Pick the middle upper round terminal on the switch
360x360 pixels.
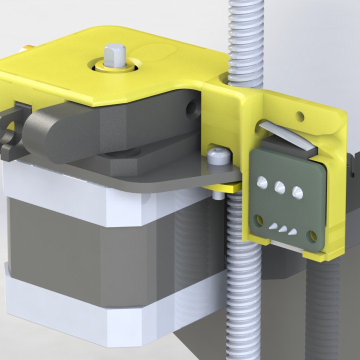click(279, 187)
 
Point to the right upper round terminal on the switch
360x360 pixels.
click(296, 191)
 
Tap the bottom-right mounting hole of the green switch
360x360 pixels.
click(313, 234)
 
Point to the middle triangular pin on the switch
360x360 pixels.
click(283, 229)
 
